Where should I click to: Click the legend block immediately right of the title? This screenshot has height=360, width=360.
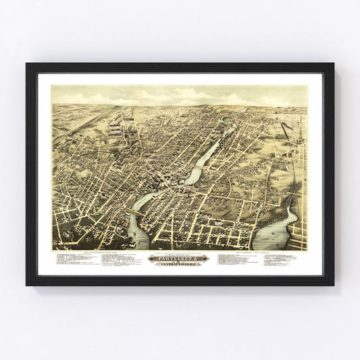coord(236,260)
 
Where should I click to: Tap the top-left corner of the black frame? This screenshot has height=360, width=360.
coord(27,64)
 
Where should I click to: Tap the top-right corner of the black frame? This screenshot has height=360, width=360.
coord(333,64)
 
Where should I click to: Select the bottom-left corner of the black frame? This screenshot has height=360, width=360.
coord(27,285)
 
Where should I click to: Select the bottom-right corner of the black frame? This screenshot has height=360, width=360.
coord(333,285)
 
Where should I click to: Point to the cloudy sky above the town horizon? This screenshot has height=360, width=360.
coord(179,95)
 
